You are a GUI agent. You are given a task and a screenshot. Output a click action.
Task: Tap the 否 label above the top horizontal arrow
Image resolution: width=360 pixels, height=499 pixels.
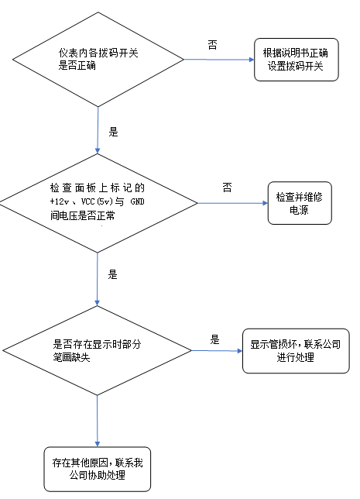click(212, 44)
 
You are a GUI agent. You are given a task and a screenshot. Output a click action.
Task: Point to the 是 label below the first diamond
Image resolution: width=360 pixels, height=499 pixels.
click(113, 132)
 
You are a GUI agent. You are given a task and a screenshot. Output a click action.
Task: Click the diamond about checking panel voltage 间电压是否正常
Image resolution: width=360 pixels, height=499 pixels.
click(98, 202)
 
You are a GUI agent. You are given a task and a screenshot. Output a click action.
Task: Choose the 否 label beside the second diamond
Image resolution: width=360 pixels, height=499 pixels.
click(227, 188)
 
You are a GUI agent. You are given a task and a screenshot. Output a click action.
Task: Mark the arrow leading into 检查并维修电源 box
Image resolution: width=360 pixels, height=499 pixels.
click(231, 203)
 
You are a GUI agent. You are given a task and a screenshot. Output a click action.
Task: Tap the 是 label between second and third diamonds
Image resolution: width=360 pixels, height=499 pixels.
click(112, 274)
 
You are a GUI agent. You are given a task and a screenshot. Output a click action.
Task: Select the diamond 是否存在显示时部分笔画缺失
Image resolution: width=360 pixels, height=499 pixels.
click(98, 351)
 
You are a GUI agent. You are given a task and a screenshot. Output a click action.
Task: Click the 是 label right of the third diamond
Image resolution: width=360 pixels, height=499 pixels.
click(215, 339)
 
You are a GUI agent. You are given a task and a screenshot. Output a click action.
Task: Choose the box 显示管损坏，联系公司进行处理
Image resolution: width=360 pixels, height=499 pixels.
click(295, 350)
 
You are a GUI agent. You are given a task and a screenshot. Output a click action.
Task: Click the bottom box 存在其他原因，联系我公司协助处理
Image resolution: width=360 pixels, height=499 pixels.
click(98, 469)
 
